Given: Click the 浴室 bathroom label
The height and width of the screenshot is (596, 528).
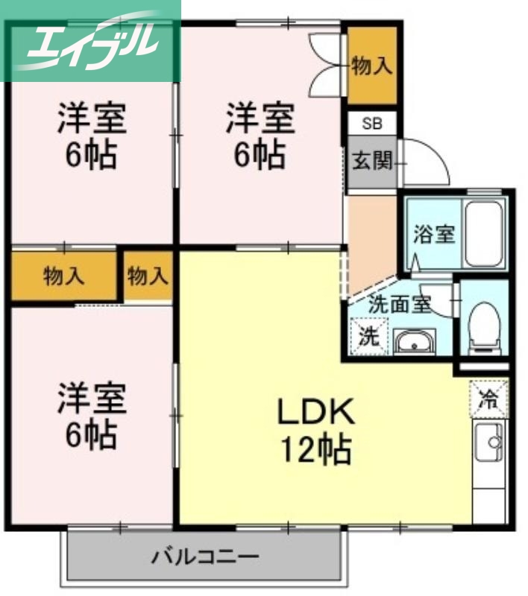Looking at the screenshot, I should [x=434, y=234].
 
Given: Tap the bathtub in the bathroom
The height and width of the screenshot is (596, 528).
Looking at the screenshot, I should [x=485, y=232].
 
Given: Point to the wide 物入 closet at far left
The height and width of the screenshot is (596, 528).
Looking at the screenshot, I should [x=64, y=277].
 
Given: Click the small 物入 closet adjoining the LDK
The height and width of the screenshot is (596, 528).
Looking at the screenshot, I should [x=148, y=277].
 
